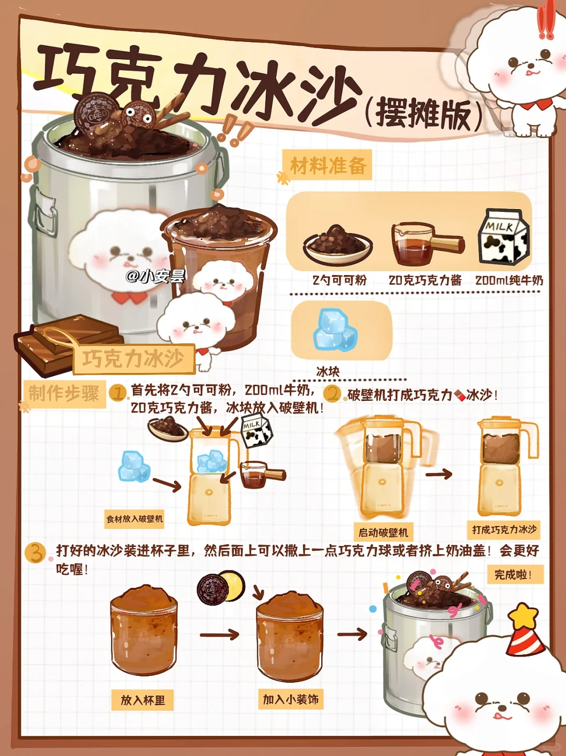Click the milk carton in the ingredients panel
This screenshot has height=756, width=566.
tap(503, 237)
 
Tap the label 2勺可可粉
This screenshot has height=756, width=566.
tap(340, 280)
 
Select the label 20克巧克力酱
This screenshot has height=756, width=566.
tap(425, 280)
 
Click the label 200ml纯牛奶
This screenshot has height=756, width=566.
tap(509, 280)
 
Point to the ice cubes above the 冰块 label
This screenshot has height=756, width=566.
tap(335, 330)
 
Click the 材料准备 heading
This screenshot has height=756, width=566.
tap(328, 166)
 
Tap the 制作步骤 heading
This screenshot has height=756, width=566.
tap(64, 393)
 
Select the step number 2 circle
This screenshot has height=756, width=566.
tap(332, 393)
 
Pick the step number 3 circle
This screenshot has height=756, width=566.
tap(35, 553)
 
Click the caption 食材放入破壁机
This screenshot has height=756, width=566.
tap(135, 519)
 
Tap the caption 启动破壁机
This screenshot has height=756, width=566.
tap(383, 533)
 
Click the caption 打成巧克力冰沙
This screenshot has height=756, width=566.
tap(504, 530)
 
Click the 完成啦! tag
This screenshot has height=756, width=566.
tap(515, 575)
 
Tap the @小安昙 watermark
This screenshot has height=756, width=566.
tap(156, 276)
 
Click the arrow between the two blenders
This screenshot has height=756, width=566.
tap(439, 474)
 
